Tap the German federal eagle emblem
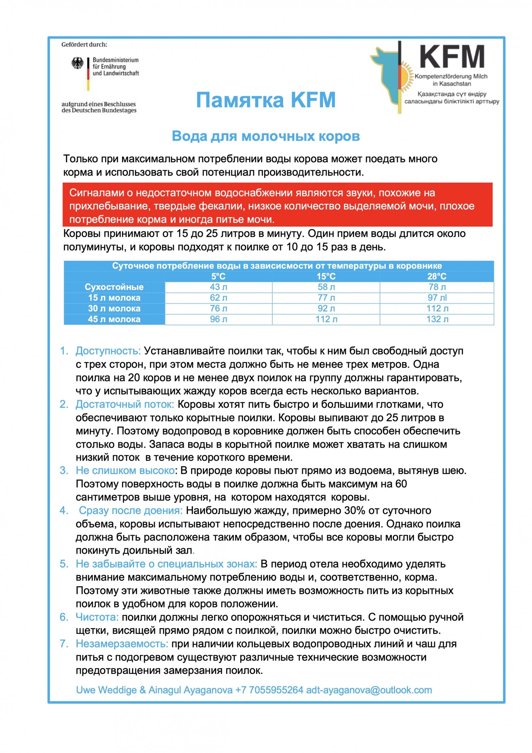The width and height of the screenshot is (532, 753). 77,63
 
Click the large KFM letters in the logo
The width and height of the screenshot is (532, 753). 452,57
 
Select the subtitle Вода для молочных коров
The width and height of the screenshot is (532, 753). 265,136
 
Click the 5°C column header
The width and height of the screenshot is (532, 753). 218,276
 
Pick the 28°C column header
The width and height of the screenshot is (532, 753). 437,276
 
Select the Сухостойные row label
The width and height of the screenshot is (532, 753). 114,287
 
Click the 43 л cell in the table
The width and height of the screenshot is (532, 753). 218,287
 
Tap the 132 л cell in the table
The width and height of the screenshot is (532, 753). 437,319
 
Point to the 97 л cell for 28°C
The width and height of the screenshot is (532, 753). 437,297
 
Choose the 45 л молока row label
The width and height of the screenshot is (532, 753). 114,319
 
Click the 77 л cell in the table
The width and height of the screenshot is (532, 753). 326,297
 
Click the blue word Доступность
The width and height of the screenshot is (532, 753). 108,351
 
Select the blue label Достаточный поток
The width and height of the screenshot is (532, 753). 125,404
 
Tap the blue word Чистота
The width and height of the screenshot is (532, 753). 97,617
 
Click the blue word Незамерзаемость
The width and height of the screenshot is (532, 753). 122,644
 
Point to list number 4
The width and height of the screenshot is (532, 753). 64,511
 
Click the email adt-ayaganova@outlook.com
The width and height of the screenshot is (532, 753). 369,690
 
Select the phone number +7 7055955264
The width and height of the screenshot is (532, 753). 269,690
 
